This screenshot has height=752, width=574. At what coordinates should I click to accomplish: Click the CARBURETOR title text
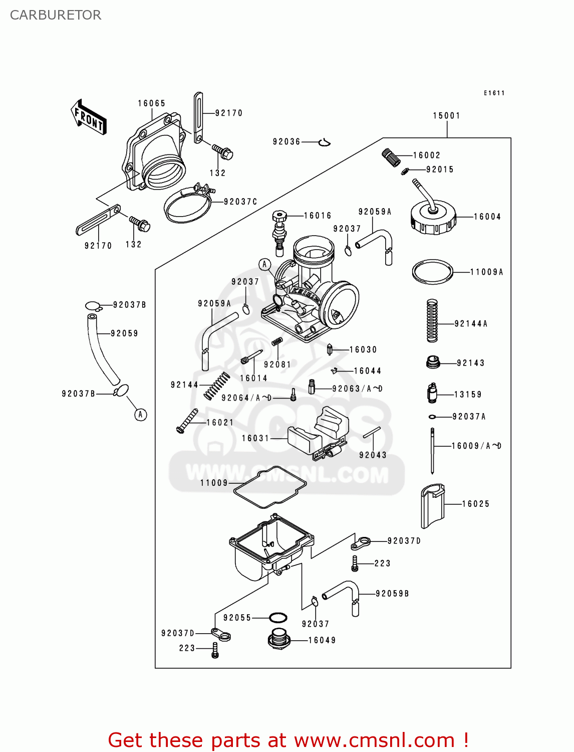click(x=56, y=15)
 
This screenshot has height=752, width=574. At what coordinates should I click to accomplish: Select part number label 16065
click(x=151, y=103)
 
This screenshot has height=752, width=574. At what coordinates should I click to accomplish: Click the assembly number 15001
click(x=446, y=116)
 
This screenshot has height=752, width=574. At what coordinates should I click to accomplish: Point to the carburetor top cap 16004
click(x=433, y=219)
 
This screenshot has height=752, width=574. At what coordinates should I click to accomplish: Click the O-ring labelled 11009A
click(x=432, y=272)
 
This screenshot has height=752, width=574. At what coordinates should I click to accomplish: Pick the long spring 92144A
click(x=432, y=321)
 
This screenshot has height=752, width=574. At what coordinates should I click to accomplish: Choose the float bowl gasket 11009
click(x=270, y=487)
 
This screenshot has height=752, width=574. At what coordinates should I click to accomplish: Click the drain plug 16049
click(x=278, y=640)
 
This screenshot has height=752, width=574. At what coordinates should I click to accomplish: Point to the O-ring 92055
click(x=278, y=617)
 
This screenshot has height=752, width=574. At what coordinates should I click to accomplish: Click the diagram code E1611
click(x=494, y=93)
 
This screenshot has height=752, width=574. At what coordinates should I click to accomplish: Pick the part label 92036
click(x=286, y=142)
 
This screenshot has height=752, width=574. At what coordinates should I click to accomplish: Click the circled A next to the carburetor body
click(x=264, y=264)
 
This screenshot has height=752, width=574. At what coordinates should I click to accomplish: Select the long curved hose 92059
click(x=103, y=349)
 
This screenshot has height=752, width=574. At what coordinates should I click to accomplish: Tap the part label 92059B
click(x=392, y=594)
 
